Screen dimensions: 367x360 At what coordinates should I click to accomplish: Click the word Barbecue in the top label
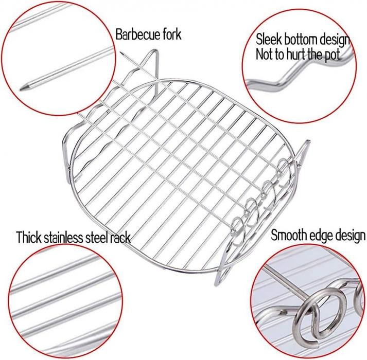pos(137,35)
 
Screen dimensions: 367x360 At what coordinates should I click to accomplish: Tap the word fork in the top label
pos(172,34)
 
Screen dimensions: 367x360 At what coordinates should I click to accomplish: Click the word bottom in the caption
pos(301,39)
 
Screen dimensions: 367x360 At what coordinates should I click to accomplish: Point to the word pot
pos(331,55)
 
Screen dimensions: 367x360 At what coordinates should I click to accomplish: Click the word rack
pos(120,238)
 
